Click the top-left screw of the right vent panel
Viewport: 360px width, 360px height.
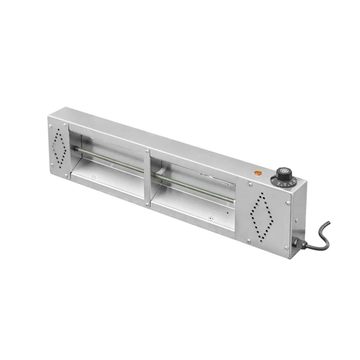tap(249, 184)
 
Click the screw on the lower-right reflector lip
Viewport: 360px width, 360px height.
tap(209, 219)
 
